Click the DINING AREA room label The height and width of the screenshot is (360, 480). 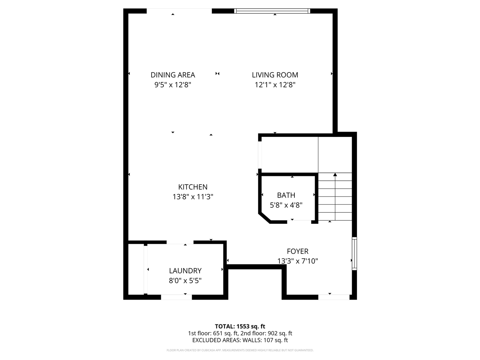click(x=172, y=75)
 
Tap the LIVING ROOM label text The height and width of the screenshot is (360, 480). click(x=275, y=75)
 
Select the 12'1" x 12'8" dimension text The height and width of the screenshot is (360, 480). click(x=275, y=85)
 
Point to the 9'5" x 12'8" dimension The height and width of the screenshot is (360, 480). click(x=173, y=85)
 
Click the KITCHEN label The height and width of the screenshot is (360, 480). click(x=192, y=187)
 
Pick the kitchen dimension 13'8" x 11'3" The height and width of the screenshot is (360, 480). click(x=192, y=196)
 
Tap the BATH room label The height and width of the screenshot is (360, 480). click(x=286, y=195)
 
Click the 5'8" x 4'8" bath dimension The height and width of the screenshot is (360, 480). click(x=286, y=205)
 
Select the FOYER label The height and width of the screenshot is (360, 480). click(x=297, y=251)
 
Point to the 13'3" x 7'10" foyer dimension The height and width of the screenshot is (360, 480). click(x=297, y=261)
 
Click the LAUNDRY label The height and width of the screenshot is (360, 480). click(x=185, y=271)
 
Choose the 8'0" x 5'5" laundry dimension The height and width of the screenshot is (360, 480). click(x=185, y=280)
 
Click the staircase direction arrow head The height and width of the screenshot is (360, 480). click(x=335, y=174)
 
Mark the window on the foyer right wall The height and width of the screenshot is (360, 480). click(x=354, y=253)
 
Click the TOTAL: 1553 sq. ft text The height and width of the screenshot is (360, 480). click(x=240, y=326)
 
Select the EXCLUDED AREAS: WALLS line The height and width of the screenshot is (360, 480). click(x=240, y=340)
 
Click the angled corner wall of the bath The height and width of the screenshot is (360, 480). click(x=264, y=217)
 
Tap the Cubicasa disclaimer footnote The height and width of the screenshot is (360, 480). click(x=240, y=350)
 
